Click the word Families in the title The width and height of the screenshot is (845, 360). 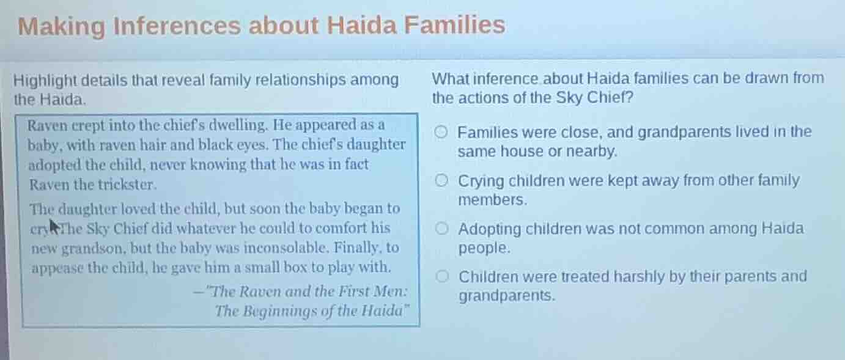(454, 26)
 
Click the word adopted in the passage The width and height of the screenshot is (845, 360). (51, 164)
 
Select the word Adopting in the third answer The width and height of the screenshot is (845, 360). (491, 230)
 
